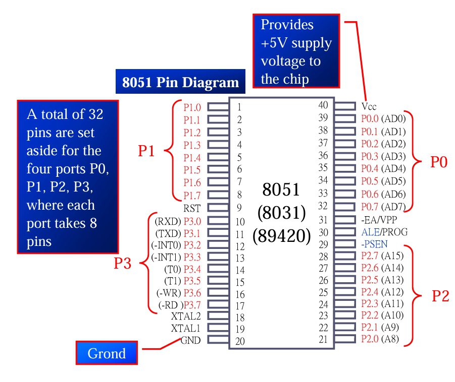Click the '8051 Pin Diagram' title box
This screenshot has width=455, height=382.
point(180,82)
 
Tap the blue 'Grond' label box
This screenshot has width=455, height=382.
point(107,353)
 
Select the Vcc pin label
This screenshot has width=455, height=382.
point(369,107)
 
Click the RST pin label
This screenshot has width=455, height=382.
point(192,208)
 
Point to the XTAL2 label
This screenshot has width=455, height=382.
point(186,316)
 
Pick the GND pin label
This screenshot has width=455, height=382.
point(190,340)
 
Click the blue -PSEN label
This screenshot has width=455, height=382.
point(374,243)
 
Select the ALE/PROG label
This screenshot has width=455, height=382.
point(384,232)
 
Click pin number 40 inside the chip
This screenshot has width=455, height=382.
point(323,105)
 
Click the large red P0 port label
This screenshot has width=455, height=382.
point(439,162)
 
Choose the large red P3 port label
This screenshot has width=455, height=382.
point(123,263)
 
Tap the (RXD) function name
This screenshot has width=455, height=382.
point(167,221)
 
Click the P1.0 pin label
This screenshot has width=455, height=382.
point(192,107)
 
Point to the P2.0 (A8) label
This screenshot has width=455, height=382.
point(380,339)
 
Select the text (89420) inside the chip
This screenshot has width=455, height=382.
point(281,235)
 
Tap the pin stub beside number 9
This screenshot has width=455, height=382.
point(218,208)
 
